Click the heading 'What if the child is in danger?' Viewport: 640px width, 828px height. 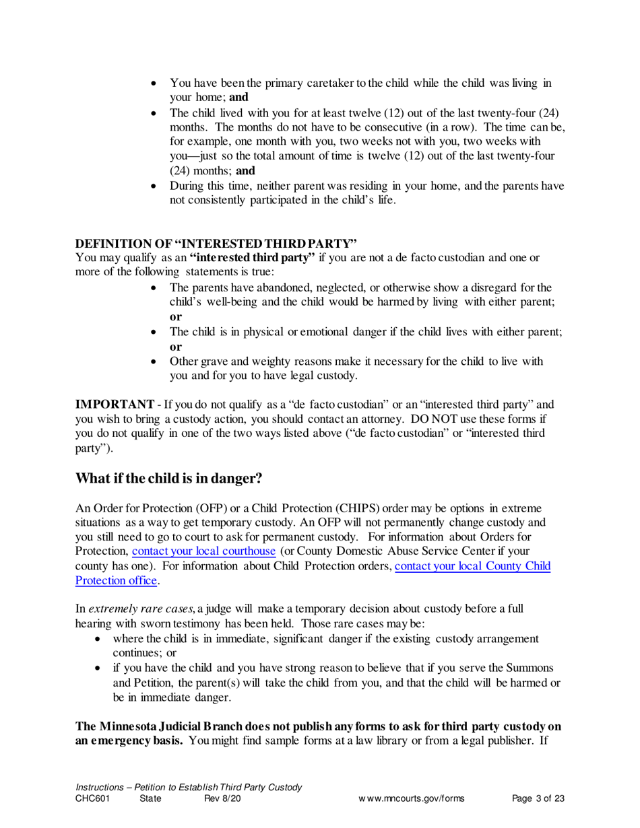pos(168,479)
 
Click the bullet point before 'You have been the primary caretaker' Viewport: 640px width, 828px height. pos(156,83)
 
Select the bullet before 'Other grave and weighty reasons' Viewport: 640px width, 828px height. pos(156,362)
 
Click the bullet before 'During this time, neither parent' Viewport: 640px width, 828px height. pos(156,186)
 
